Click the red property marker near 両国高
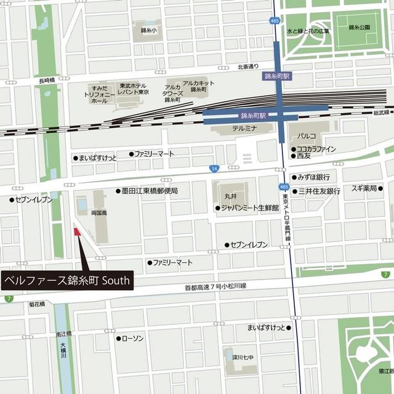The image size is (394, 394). [77, 232]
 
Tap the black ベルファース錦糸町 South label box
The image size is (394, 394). [67, 280]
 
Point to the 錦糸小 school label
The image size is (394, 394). [148, 30]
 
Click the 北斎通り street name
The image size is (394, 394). [248, 66]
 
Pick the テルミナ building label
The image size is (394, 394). [244, 129]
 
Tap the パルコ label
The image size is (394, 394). [307, 135]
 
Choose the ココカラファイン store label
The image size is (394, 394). [316, 149]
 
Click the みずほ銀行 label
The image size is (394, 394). [315, 177]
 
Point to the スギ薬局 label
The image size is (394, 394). [363, 188]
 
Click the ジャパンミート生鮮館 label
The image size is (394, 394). [249, 208]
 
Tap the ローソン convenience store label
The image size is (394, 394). [133, 339]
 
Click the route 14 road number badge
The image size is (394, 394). [214, 168]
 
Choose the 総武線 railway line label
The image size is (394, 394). [382, 113]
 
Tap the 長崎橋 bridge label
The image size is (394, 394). [47, 81]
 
